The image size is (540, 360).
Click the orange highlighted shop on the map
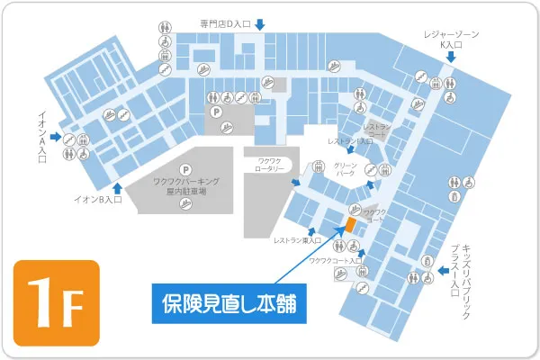[351, 225]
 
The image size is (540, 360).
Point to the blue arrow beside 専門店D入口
[259, 24]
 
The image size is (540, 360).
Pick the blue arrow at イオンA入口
[56, 138]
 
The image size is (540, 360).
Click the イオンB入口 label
[97, 200]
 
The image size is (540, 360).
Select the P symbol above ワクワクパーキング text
[186, 169]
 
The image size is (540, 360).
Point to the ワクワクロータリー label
[266, 166]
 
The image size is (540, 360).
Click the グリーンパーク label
[346, 171]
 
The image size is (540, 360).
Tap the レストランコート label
[378, 131]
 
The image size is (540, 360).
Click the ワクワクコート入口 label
[329, 261]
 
